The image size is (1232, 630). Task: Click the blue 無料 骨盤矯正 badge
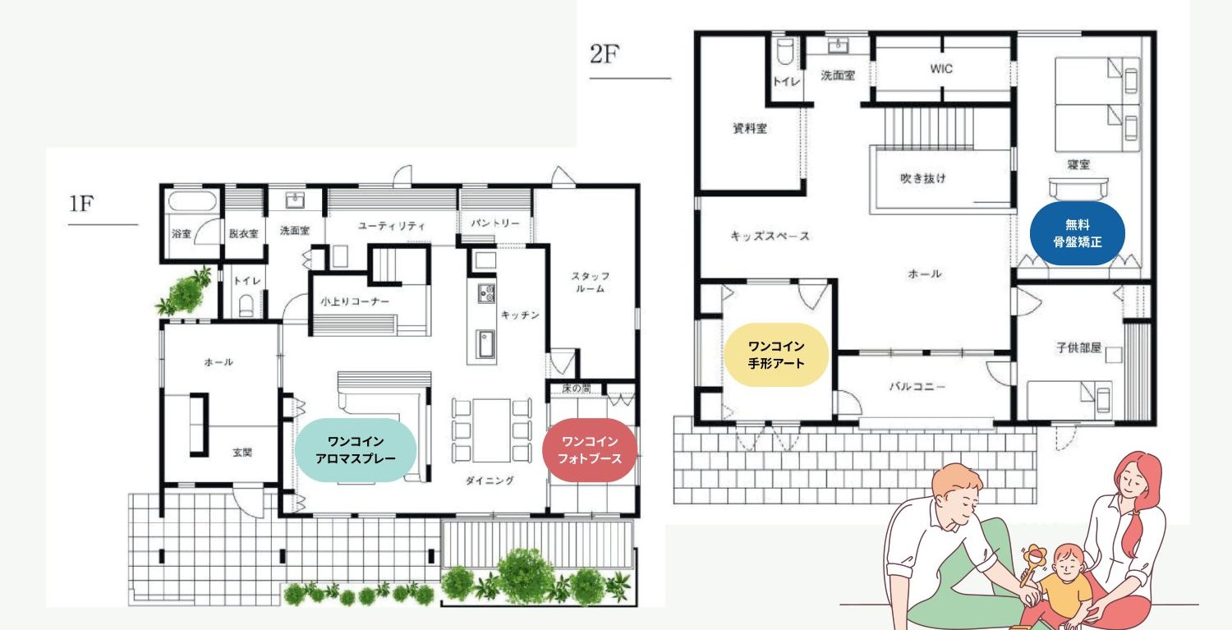point(1077,233)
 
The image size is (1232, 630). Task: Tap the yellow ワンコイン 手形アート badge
point(776,354)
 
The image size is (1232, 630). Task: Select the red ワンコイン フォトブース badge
point(590,450)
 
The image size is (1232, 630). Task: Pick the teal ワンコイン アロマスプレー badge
point(356,450)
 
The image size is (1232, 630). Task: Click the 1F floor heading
point(81,204)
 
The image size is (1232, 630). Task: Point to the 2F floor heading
point(605,54)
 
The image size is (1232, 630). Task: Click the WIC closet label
point(941,69)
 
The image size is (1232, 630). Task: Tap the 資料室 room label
point(750,128)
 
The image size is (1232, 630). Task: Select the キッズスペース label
point(770,236)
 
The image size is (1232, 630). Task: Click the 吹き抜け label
point(923,178)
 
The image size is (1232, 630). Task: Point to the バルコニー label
point(917,386)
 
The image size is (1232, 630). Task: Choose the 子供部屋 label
point(1078,347)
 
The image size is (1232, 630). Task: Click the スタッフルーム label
point(590,282)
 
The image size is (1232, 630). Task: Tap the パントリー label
point(495,223)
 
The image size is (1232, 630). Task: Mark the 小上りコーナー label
point(355,301)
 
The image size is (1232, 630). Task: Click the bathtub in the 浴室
point(192,201)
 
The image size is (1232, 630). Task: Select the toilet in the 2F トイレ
point(785,51)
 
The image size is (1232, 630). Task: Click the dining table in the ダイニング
point(492,430)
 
